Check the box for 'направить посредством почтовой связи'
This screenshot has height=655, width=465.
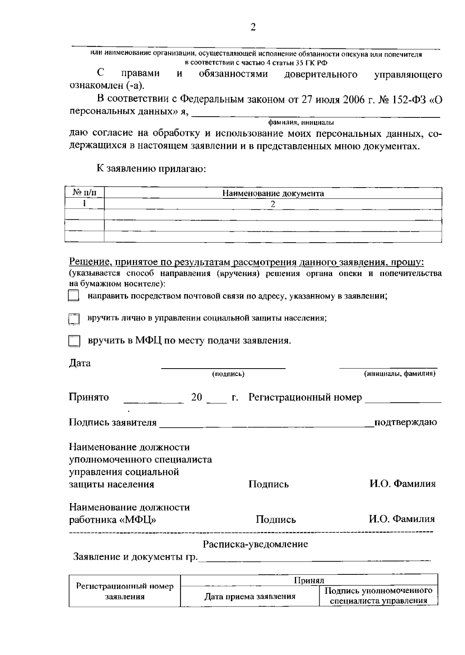coord(73,296)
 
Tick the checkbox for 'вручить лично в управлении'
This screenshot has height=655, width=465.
coord(73,319)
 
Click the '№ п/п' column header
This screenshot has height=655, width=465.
coord(84,193)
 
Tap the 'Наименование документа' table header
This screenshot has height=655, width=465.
coord(273,193)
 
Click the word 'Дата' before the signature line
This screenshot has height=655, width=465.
coord(80,363)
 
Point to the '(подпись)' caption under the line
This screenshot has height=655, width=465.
coord(228,374)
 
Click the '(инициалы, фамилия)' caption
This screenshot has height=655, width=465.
coord(400,374)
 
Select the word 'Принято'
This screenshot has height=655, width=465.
coord(89,397)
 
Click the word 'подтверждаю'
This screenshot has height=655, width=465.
coord(405,422)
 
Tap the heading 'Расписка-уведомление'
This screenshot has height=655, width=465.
coord(255,544)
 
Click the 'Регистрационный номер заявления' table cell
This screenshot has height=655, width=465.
coord(125,591)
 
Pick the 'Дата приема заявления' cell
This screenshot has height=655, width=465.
coord(250,596)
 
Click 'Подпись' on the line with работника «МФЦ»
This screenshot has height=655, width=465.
coord(276,520)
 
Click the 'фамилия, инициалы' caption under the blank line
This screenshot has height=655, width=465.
coord(301,123)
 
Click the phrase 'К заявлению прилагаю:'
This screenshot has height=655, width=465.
coord(151,169)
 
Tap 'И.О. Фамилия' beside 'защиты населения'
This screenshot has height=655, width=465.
coord(402,484)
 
